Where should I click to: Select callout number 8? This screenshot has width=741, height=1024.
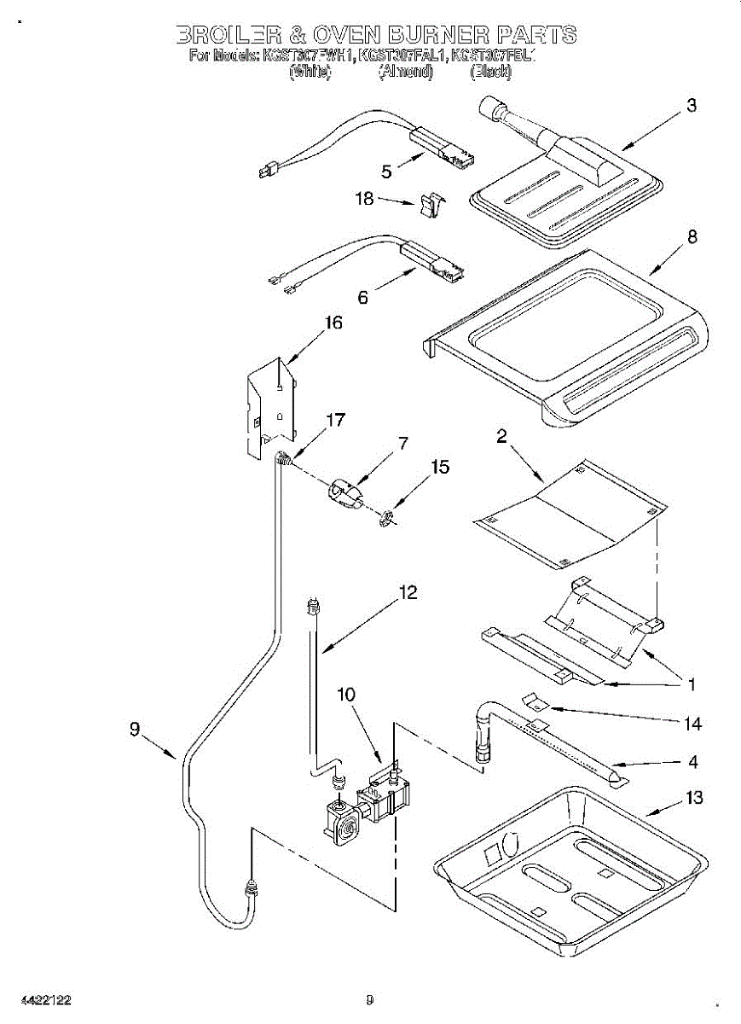point(692,238)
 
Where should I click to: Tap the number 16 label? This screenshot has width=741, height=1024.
point(333,323)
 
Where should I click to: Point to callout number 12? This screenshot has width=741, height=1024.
point(408,592)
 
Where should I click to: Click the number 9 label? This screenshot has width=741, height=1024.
point(136,730)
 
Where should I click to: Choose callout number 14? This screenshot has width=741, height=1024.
point(692,724)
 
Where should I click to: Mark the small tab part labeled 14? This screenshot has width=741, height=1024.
point(535,701)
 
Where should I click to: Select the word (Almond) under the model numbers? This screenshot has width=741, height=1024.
point(406,73)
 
